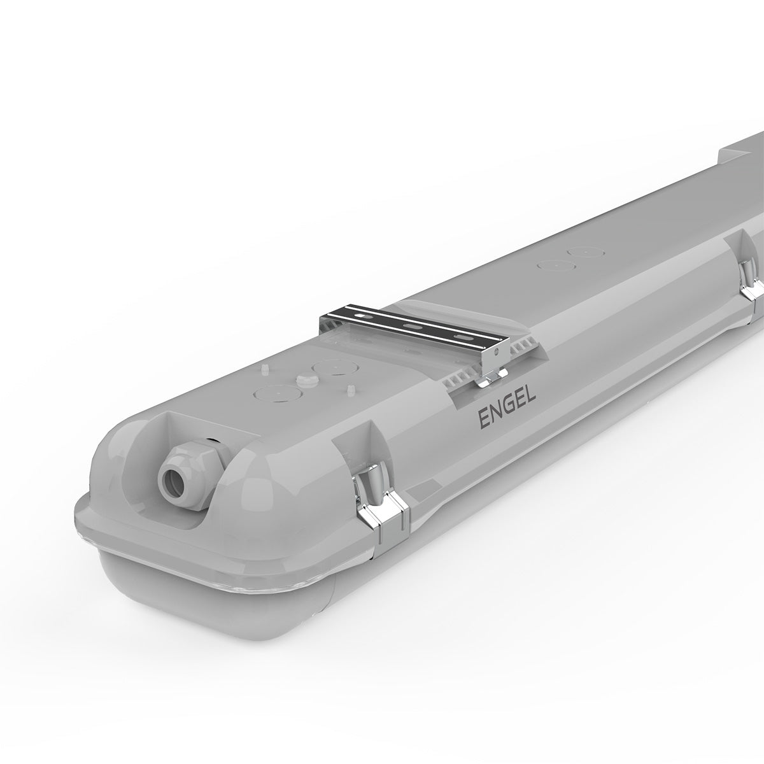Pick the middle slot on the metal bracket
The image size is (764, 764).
tap(413, 326)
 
